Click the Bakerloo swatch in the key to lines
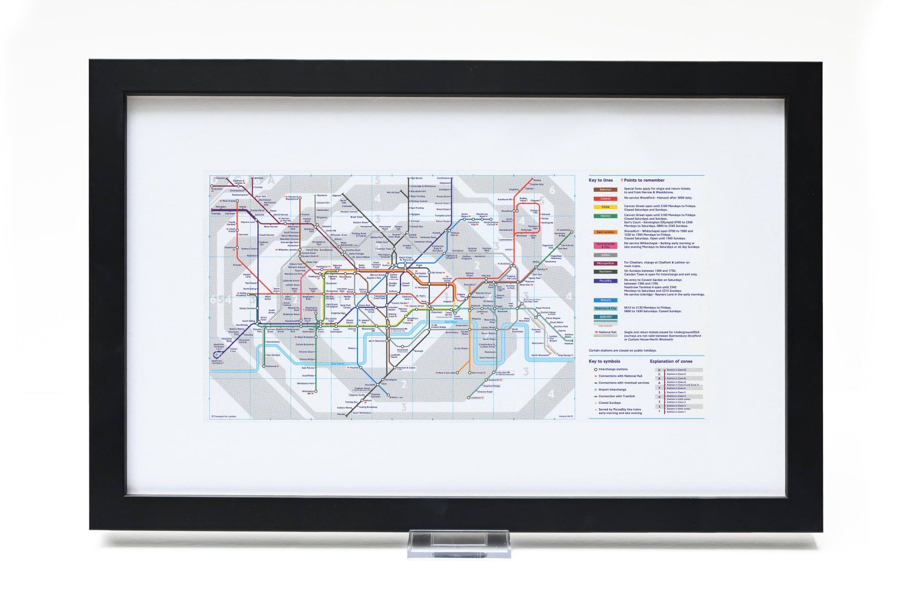point(605,189)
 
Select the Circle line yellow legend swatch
point(605,207)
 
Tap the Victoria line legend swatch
point(605,300)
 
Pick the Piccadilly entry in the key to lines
point(605,280)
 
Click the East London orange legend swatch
point(605,232)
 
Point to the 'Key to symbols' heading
point(604,361)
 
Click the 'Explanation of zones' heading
point(671,361)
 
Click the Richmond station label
point(271,366)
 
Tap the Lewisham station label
point(476,397)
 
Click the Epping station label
point(537,180)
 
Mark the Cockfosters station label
point(443,178)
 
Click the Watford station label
point(259,178)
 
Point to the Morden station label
point(341,414)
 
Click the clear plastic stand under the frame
point(459,544)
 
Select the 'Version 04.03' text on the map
point(566,417)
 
